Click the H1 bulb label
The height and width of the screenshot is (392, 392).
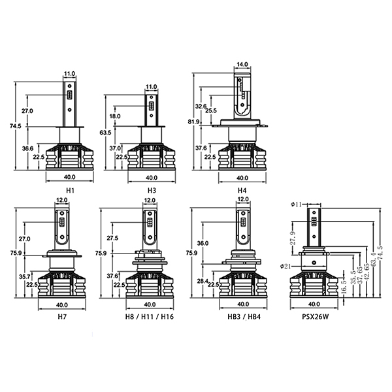coord(71,191)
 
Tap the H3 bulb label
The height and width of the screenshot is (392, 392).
coord(152,191)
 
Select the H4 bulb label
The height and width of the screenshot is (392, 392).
coord(242,191)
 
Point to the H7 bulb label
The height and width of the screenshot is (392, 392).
coord(62,317)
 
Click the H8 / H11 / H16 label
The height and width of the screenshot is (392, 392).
coord(150,317)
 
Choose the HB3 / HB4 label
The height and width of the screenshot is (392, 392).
coord(244,317)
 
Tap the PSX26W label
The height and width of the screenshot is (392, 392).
coord(316,317)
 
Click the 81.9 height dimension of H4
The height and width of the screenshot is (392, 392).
coord(194,122)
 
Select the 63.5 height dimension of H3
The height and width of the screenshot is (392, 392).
coord(105,133)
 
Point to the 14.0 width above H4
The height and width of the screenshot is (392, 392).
coord(242,64)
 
